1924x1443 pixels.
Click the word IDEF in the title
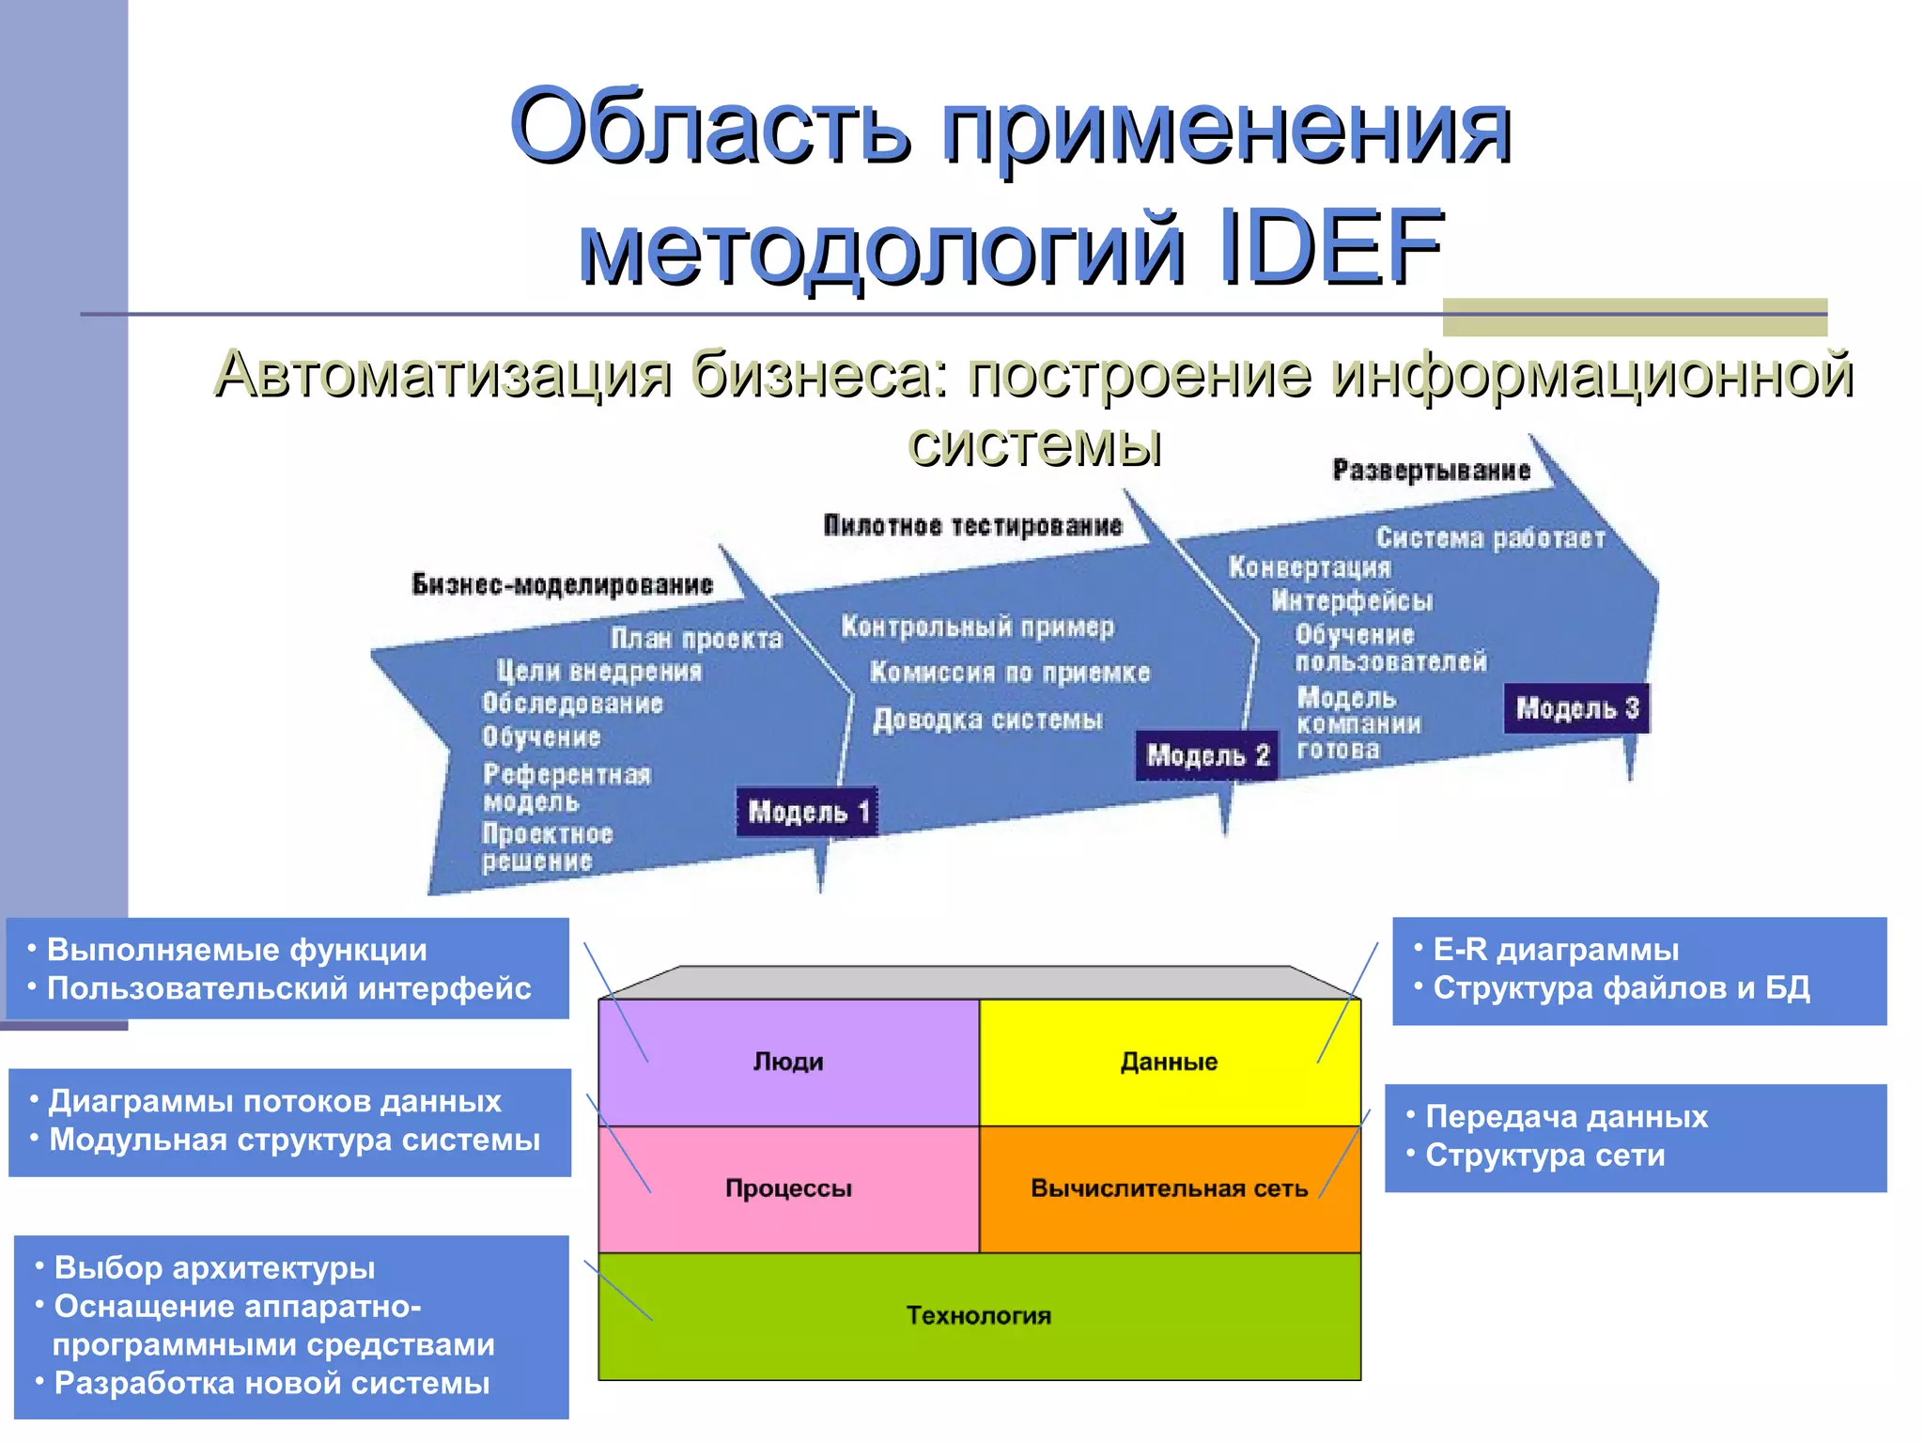tap(1329, 247)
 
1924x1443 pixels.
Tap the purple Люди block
tap(788, 1062)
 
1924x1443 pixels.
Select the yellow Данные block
tap(1169, 1062)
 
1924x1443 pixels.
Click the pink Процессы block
tap(788, 1188)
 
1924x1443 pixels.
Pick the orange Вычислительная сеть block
tap(1169, 1188)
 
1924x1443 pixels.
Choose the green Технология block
tap(979, 1315)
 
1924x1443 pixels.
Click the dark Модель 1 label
tap(807, 812)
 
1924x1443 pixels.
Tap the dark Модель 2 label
tap(1207, 755)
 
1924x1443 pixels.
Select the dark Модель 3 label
tap(1577, 708)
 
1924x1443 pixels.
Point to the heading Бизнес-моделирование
tap(562, 584)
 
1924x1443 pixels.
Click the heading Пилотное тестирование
tap(972, 525)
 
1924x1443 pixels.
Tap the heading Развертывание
tap(1431, 470)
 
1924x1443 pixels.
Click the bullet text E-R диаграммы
tap(1555, 950)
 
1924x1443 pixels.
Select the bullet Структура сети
tap(1544, 1156)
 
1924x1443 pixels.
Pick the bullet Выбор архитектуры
tap(214, 1267)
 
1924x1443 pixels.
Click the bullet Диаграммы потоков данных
tap(274, 1101)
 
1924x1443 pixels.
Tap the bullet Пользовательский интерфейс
tap(288, 988)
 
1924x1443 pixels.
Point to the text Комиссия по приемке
tap(1010, 673)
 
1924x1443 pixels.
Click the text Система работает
tap(1490, 537)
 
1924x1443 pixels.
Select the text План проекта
tap(696, 639)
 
